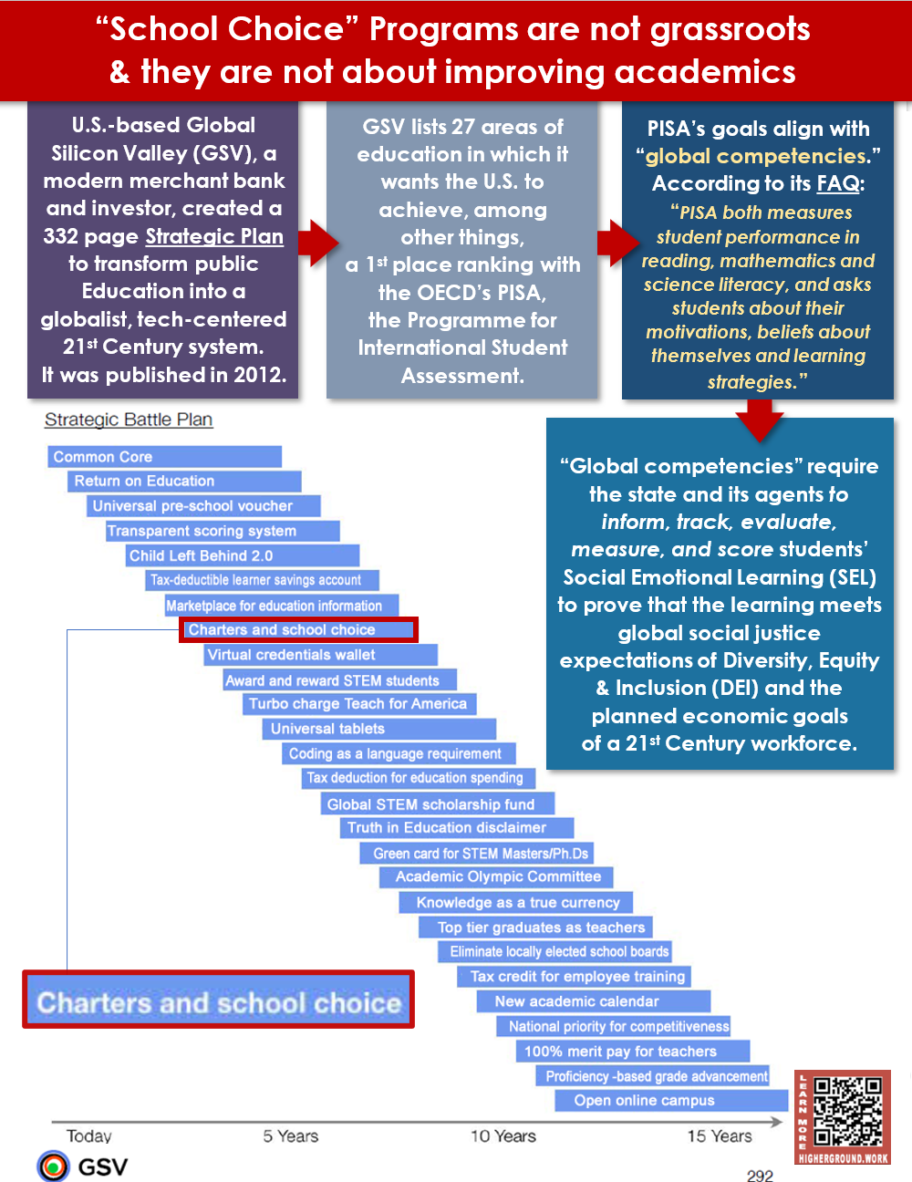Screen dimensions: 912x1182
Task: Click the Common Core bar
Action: tap(164, 456)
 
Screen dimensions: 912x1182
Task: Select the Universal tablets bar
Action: tap(379, 729)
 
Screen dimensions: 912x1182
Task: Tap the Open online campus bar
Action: tap(671, 1101)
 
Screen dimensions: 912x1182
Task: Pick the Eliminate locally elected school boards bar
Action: tap(554, 951)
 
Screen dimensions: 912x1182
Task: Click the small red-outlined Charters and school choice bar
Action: tap(298, 630)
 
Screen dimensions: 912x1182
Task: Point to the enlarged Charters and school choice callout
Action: tap(218, 999)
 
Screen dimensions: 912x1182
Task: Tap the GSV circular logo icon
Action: tap(53, 1166)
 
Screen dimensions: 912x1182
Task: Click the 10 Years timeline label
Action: tap(503, 1135)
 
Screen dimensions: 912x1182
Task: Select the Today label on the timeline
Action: tap(88, 1135)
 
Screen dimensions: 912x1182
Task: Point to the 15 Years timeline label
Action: tap(719, 1135)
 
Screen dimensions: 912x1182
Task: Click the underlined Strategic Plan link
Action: tap(214, 236)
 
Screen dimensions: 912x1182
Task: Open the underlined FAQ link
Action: tap(838, 183)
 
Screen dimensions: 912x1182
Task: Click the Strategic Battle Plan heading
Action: tap(129, 420)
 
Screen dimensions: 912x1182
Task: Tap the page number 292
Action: tap(760, 1175)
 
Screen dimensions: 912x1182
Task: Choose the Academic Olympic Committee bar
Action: tap(496, 876)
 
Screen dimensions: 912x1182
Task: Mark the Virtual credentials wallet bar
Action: tap(320, 655)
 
